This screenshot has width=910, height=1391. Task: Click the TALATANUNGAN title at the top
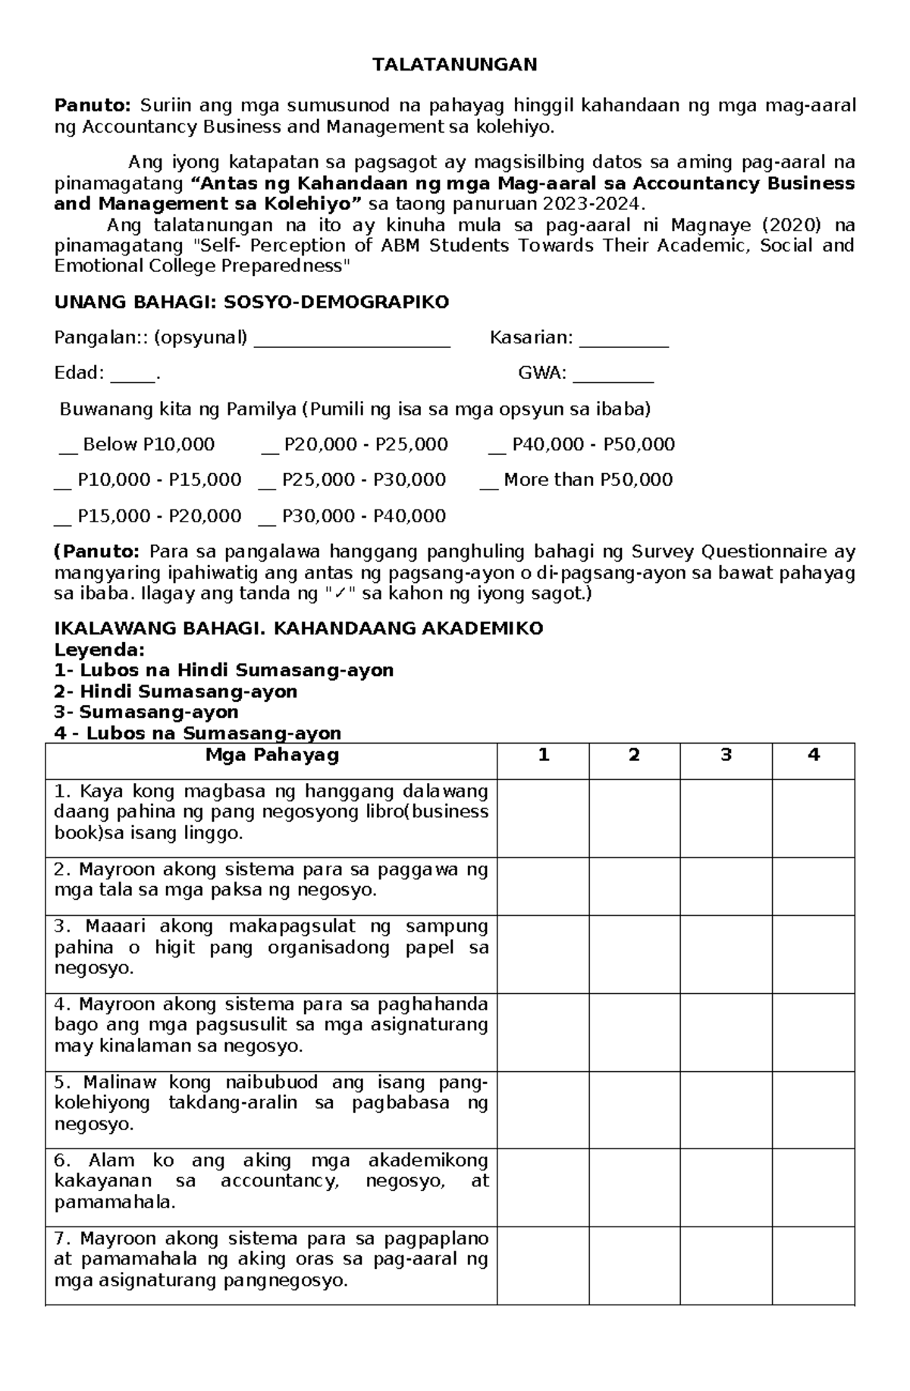tap(454, 64)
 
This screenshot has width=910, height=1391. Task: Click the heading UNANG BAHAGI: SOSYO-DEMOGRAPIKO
tap(252, 302)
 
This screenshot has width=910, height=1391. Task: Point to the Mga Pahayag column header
tap(271, 755)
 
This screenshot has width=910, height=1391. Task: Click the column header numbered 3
tap(726, 755)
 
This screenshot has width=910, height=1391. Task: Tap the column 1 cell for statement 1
tap(543, 818)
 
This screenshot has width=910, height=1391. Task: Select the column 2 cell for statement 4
tap(635, 1032)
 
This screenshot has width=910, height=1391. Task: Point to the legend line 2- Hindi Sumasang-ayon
tap(176, 691)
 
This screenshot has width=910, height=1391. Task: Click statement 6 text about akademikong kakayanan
tap(271, 1181)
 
